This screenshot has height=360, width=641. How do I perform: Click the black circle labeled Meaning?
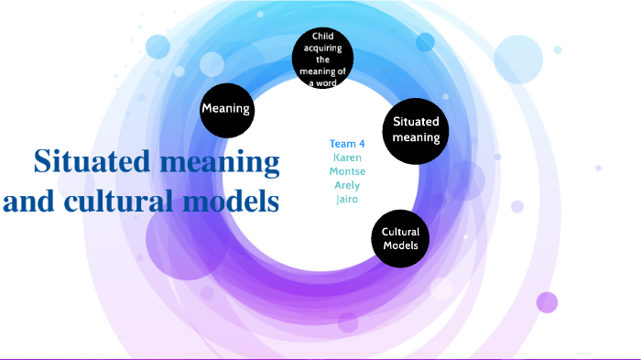226,109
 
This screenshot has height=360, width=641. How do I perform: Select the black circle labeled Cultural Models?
400,240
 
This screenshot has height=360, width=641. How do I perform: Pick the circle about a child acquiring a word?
322,59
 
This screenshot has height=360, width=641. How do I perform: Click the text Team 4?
347,144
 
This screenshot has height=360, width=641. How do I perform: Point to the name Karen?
347,158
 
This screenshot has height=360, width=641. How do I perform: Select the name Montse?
347,171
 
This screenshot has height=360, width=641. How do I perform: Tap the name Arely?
347,185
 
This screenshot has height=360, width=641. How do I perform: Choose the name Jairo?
347,199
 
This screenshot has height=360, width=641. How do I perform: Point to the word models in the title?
229,201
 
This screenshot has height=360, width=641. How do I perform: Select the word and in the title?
28,201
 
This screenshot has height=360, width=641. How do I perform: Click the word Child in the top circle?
322,36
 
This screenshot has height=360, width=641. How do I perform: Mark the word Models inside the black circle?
400,246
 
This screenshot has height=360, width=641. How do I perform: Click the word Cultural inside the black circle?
400,233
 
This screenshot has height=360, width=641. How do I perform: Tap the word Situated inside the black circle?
416,122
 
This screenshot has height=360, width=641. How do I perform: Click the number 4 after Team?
361,144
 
